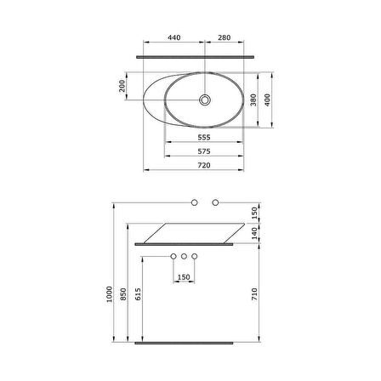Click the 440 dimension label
(x=174, y=37)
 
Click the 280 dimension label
(x=225, y=37)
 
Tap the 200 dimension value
(x=122, y=86)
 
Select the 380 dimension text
(x=253, y=100)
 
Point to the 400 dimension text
(x=267, y=100)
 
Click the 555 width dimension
(x=204, y=137)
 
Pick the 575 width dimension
(x=204, y=151)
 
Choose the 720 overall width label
(x=204, y=165)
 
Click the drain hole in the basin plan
(x=205, y=100)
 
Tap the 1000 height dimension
(x=110, y=294)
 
